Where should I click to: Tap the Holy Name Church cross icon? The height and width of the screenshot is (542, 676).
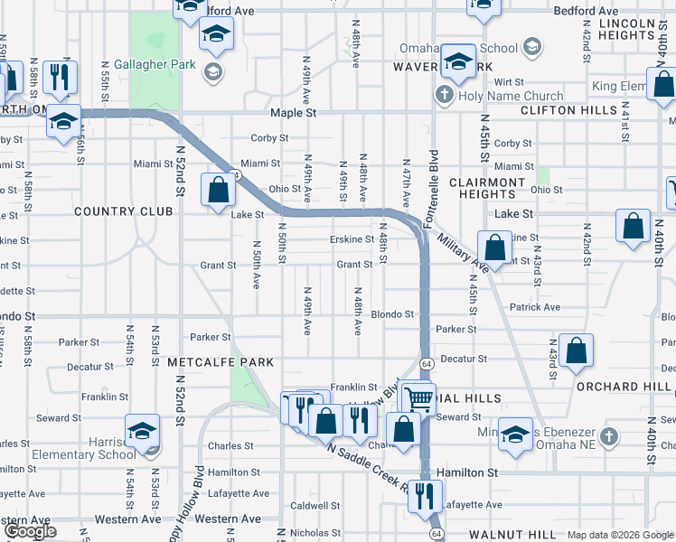[444, 95]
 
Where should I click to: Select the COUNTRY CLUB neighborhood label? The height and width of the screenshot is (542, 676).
[123, 211]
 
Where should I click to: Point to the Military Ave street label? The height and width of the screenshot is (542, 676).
[460, 252]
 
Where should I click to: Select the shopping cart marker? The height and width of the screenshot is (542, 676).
[418, 398]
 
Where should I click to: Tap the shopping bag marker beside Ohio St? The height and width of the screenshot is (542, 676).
[218, 192]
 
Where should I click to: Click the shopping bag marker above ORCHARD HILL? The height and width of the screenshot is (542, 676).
[576, 353]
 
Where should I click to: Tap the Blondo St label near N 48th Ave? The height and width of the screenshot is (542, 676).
[392, 314]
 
